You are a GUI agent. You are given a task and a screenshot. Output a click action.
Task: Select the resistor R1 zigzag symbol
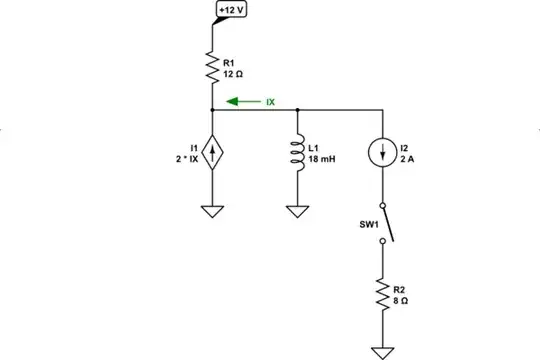(x=212, y=66)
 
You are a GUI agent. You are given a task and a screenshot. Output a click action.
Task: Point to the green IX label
(x=270, y=101)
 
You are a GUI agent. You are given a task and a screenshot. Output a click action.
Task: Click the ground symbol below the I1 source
(x=212, y=212)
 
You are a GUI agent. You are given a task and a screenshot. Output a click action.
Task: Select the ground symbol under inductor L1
(x=297, y=212)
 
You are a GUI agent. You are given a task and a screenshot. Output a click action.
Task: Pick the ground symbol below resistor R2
(x=382, y=350)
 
